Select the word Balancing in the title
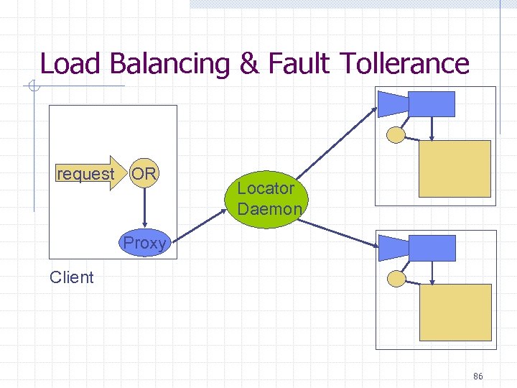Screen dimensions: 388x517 tap(169, 65)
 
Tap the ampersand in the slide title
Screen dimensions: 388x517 tap(248, 64)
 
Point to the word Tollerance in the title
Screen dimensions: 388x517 tap(405, 63)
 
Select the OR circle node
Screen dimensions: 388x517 tap(144, 174)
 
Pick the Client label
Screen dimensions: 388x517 tap(72, 277)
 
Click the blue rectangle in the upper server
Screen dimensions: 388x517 tap(432, 104)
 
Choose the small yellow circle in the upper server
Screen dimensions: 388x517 tap(396, 134)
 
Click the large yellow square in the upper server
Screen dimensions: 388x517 tap(455, 169)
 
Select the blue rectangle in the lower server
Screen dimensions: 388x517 tap(432, 248)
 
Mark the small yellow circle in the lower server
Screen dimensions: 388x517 tap(396, 279)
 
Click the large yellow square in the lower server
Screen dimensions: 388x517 tap(455, 312)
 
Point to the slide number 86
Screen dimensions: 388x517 tap(478, 377)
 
